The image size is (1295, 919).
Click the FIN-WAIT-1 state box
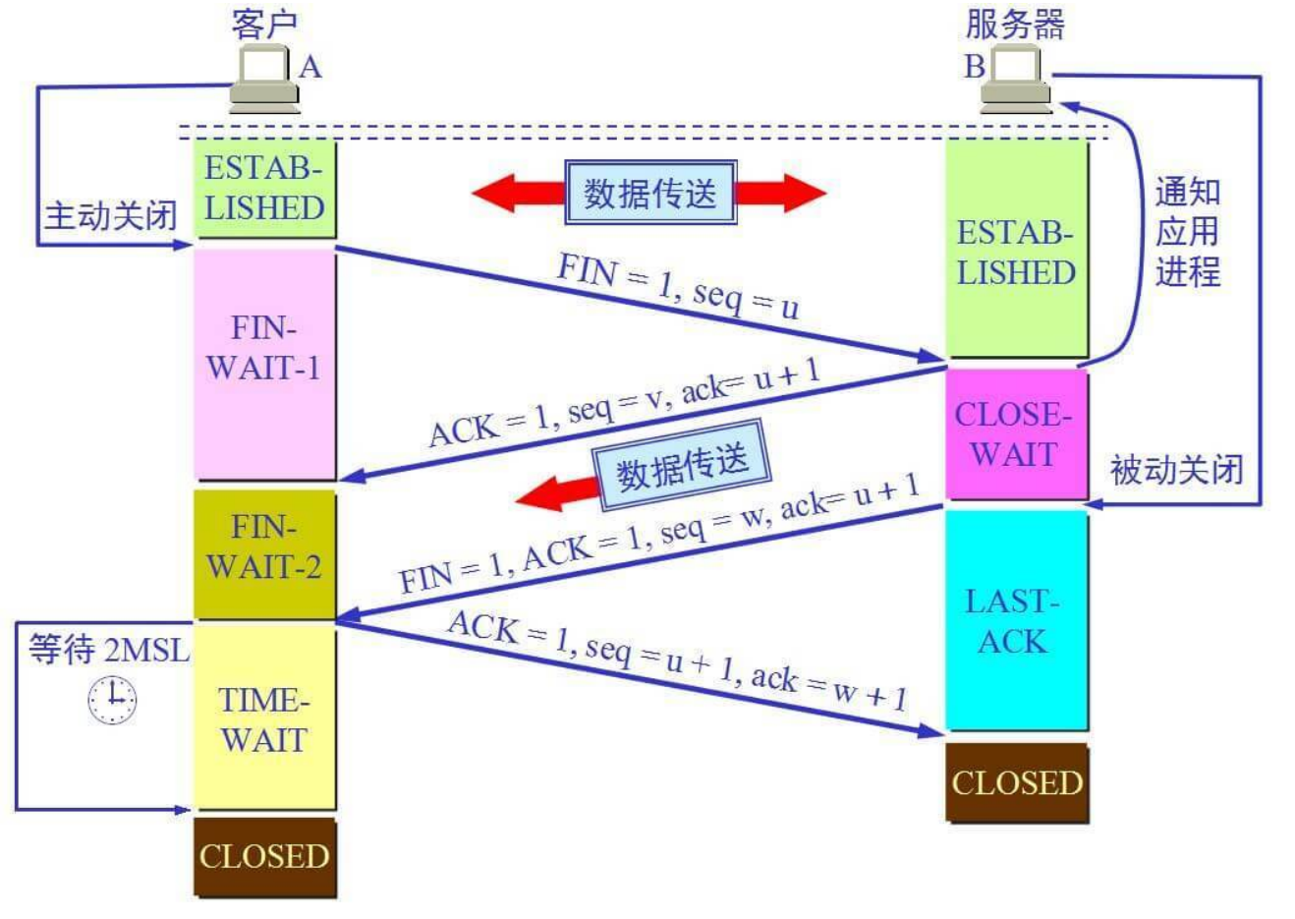[264, 364]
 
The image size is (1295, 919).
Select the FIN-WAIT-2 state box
[264, 554]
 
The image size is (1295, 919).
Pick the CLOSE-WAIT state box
[1016, 434]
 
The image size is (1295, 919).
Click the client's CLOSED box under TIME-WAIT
[264, 857]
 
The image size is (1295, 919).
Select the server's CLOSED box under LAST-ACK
[1016, 782]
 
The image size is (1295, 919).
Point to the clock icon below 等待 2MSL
[112, 700]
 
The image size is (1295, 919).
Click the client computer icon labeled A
[263, 79]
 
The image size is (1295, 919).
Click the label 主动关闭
[110, 215]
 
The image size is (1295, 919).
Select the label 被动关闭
[1176, 470]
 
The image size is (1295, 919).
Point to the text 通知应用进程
[1187, 232]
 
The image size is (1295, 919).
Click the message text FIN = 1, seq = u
[678, 286]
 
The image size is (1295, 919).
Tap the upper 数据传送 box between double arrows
[650, 193]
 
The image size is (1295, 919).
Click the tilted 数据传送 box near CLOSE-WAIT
[682, 465]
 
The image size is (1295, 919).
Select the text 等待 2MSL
[108, 650]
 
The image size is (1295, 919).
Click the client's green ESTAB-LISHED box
[264, 189]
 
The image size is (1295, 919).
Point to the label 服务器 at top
[1015, 25]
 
